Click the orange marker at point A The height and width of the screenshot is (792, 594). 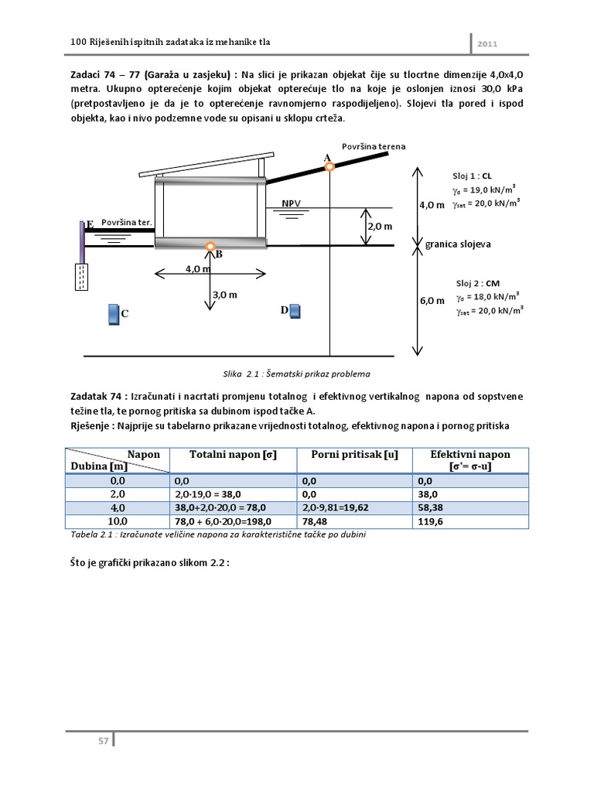coord(329,166)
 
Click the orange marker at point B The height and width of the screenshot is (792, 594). coord(210,246)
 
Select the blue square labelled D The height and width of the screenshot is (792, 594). coord(294,311)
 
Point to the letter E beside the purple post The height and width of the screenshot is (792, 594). coord(90,224)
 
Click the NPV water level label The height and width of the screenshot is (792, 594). coord(292,203)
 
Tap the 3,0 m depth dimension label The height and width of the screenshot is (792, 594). coord(224,295)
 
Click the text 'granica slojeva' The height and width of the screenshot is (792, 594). coord(458,244)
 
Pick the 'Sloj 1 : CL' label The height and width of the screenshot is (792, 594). coord(470,175)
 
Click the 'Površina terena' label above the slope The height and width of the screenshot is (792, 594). coord(374,145)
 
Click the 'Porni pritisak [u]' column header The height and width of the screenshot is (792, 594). coord(354,455)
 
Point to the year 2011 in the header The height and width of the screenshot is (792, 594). coord(487,43)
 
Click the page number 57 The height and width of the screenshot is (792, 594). coord(103,741)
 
